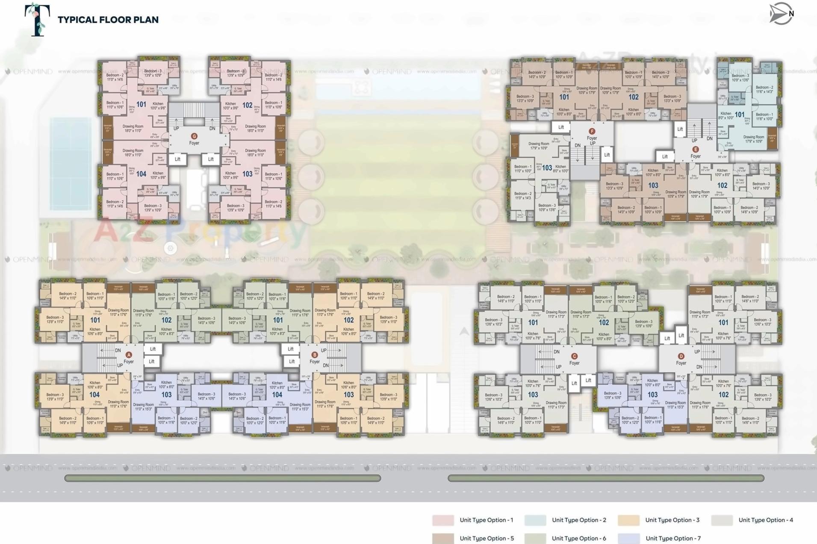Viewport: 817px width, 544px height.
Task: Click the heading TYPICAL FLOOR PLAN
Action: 108,20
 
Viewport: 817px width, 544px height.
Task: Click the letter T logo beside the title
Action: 38,19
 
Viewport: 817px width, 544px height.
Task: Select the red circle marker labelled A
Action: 129,355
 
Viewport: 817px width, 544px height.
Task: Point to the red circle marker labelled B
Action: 315,355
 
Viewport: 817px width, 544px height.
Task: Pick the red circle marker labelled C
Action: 574,356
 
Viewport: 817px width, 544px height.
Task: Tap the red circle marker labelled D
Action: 681,356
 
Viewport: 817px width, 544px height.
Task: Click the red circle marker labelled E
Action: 696,149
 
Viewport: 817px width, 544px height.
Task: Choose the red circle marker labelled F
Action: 592,131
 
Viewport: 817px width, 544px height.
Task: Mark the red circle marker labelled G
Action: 194,136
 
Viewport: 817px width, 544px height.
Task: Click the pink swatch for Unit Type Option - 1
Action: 443,520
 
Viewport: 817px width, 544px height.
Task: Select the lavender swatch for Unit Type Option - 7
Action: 629,538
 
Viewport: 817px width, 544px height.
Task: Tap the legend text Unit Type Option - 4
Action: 766,520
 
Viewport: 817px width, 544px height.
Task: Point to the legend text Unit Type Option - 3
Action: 672,520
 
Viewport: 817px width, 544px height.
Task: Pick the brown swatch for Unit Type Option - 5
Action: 443,538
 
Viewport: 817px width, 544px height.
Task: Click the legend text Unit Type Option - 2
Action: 579,520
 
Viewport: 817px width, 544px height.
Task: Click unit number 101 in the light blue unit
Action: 740,115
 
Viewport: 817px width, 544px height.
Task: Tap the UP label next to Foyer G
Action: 176,128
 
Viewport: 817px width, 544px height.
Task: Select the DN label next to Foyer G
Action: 212,128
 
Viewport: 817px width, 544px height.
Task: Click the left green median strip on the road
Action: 222,478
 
